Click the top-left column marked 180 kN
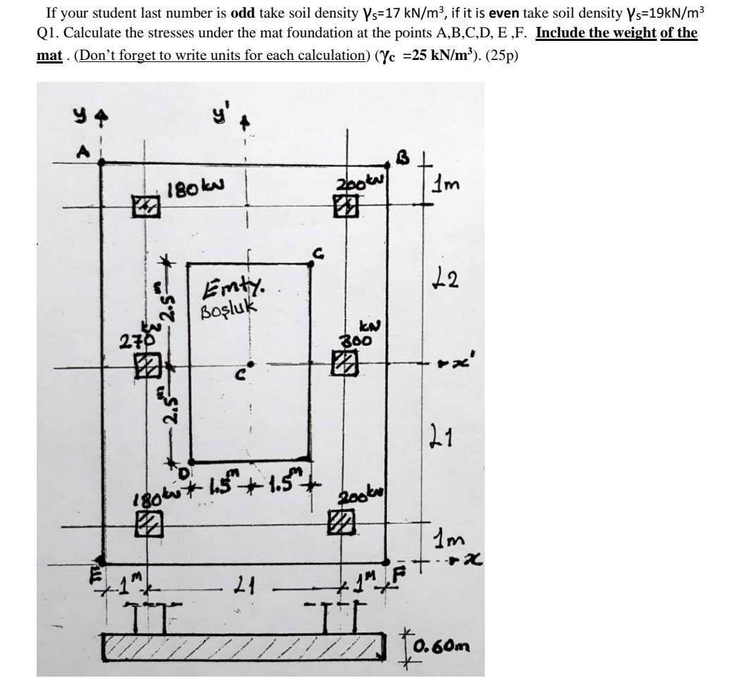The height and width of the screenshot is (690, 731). (x=146, y=207)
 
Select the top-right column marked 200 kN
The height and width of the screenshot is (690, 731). (x=345, y=205)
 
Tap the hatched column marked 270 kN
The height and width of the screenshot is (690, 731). (x=147, y=365)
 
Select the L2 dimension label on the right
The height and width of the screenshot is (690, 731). (x=447, y=279)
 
